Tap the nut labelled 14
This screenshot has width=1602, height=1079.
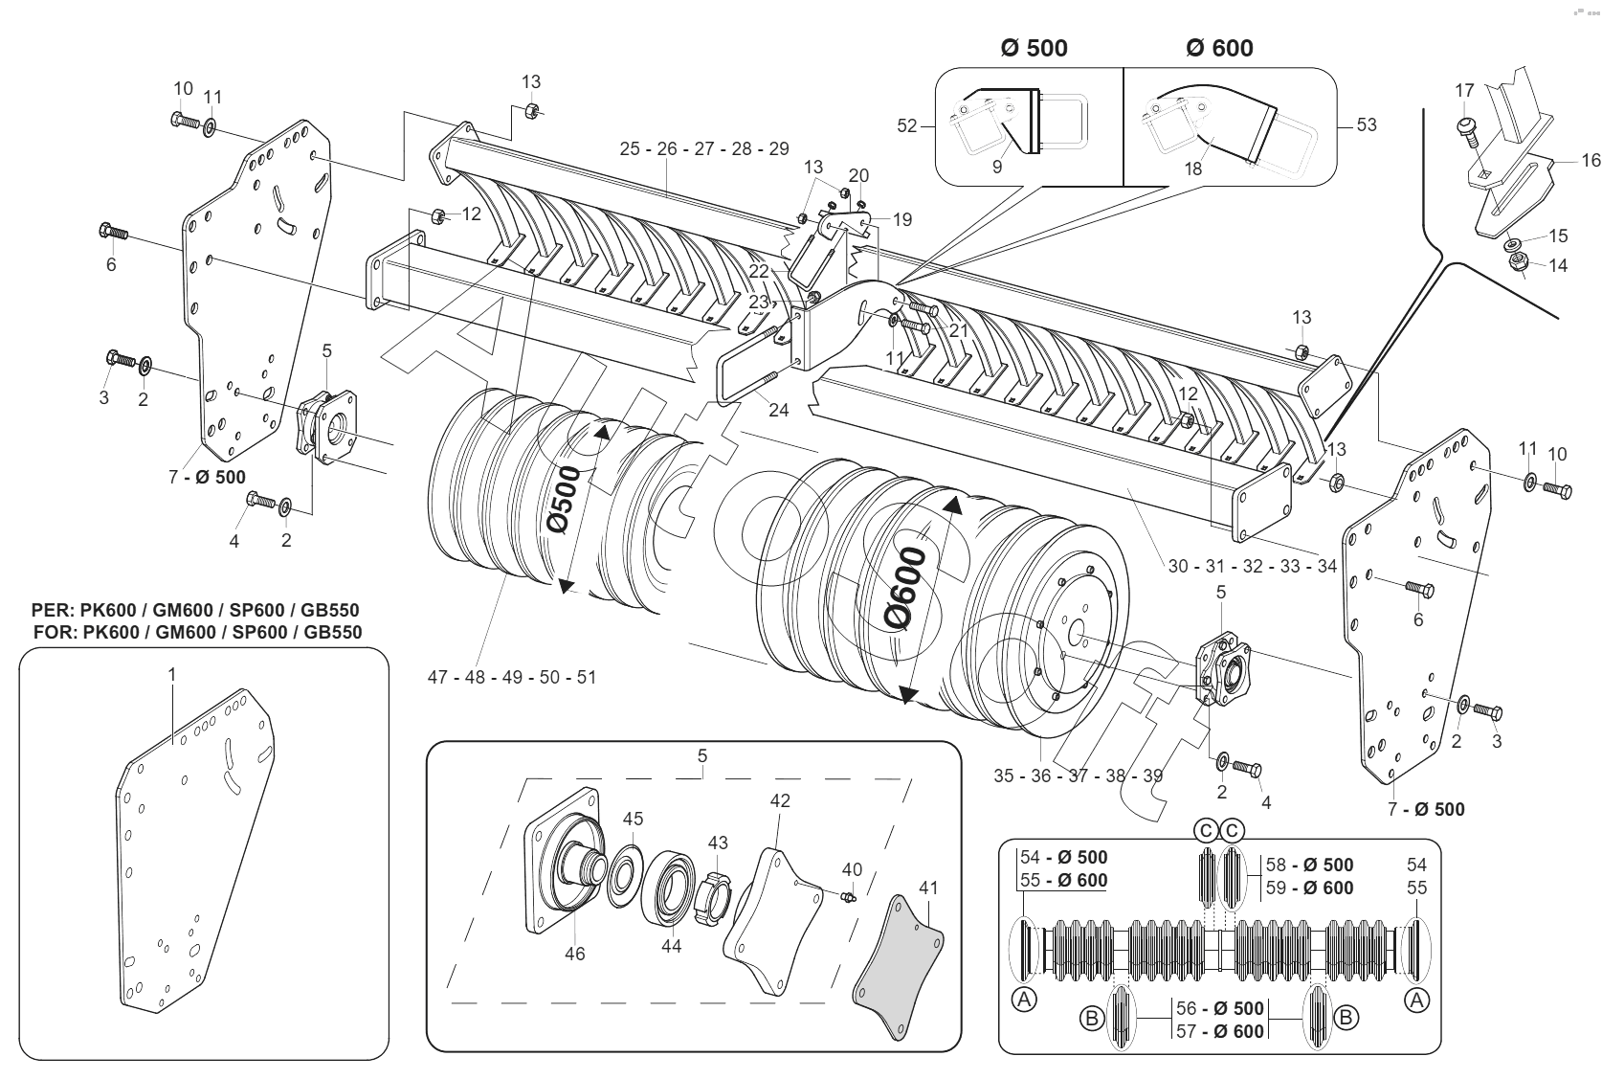click(x=1517, y=261)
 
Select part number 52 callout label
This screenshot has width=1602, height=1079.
click(x=907, y=125)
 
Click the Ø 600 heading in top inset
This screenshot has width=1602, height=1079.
click(x=1219, y=48)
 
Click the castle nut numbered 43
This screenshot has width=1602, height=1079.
click(x=716, y=893)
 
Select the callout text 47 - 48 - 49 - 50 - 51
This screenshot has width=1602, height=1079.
click(x=512, y=677)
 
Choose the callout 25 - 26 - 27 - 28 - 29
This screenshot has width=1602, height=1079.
click(x=704, y=148)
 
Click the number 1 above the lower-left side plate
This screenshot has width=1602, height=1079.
click(x=172, y=675)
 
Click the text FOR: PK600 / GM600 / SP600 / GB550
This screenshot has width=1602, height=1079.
click(x=197, y=632)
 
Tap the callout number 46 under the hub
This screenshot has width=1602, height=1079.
click(x=574, y=954)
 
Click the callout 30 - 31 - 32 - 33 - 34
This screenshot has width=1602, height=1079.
click(x=1252, y=566)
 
